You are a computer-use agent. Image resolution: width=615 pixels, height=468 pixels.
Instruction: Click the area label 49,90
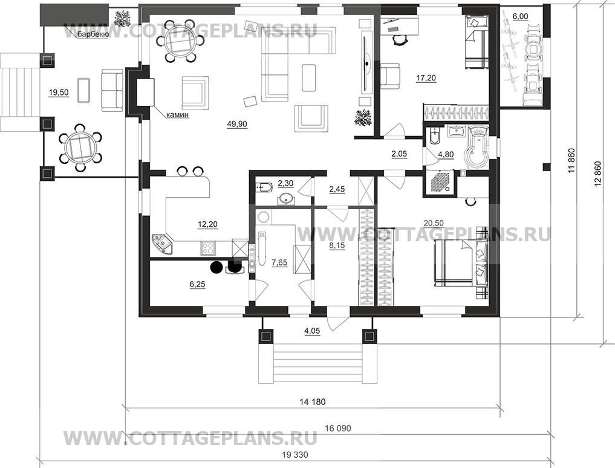pos(237,125)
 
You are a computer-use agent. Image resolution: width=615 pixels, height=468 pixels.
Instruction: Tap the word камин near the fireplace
pos(178,115)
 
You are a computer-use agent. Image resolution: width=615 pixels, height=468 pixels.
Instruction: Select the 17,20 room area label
pos(426,79)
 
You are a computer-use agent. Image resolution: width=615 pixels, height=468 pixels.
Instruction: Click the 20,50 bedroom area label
pos(434,223)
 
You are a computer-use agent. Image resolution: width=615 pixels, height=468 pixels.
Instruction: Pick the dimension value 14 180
pos(313,402)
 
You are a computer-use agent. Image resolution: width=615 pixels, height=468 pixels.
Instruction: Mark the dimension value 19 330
pos(295,455)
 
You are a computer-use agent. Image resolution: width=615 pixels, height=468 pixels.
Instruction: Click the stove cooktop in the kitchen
pos(208,247)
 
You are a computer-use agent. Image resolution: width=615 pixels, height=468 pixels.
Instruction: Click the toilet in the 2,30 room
pos(262,189)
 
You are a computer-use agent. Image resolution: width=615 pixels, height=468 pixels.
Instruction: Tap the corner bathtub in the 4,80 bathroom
pos(476,147)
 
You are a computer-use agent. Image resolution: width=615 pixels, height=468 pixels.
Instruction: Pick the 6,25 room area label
pos(197,284)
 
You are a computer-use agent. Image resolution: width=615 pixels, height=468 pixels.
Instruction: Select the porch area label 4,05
pos(312,331)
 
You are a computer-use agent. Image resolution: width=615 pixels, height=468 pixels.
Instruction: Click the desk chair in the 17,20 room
pos(399,39)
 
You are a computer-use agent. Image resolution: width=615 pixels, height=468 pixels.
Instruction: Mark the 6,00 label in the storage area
pos(520,16)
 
